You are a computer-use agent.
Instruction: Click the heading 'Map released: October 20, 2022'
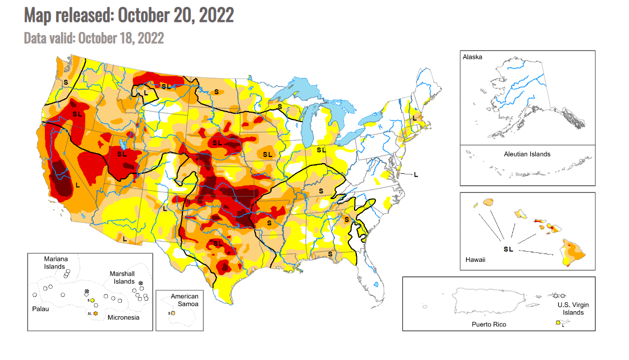click(x=128, y=15)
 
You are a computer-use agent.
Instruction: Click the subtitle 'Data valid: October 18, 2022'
click(x=94, y=38)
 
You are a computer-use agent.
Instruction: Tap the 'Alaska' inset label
click(x=472, y=57)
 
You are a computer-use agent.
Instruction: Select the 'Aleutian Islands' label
click(x=527, y=154)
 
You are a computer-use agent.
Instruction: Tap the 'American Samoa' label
click(x=185, y=300)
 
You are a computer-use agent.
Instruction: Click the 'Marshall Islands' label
click(x=121, y=278)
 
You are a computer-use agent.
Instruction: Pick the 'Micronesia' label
click(x=123, y=317)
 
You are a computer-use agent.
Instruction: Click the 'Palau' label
click(x=40, y=309)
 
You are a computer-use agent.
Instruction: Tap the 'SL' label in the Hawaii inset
click(x=508, y=249)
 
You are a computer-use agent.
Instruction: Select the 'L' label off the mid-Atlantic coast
click(x=416, y=174)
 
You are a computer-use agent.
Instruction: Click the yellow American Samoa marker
click(x=173, y=312)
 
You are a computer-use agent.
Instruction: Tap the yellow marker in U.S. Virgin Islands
click(x=558, y=322)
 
